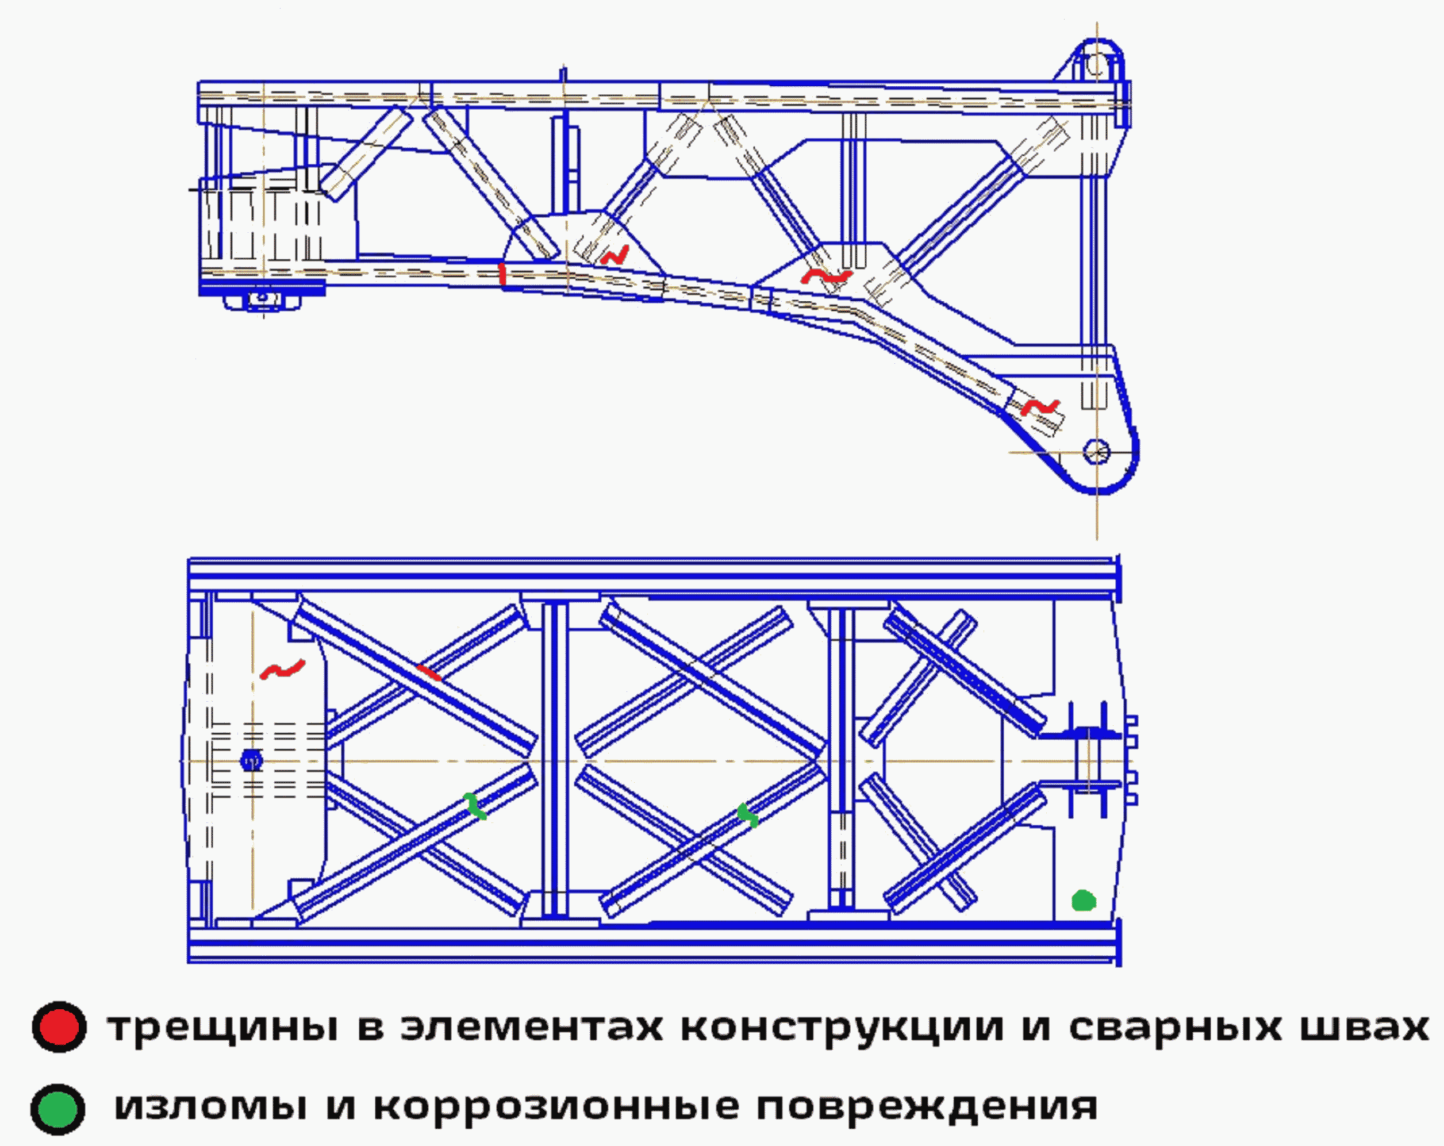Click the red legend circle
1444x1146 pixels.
59,1027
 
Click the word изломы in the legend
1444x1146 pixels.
211,1107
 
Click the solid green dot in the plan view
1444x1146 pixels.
1084,901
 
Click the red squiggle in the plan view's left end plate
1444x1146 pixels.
283,669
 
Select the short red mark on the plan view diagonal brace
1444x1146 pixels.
429,672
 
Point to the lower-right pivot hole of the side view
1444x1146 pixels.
1096,451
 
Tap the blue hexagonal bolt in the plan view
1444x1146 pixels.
252,760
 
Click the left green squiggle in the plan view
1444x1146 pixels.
475,806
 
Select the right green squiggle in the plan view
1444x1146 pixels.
747,815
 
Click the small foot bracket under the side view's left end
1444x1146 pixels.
263,300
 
